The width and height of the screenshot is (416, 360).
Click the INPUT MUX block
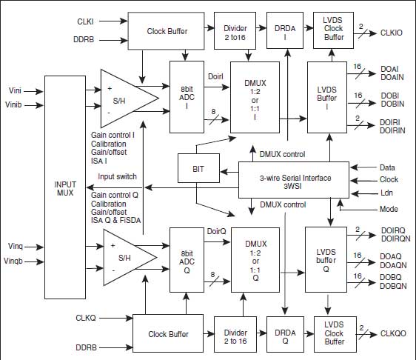[65, 187]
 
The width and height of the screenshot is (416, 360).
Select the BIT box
[198, 168]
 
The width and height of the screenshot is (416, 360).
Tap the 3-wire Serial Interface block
[294, 180]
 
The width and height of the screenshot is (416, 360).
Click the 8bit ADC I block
[187, 97]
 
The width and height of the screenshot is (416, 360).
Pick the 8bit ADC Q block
[187, 260]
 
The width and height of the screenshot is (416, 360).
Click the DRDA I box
[285, 30]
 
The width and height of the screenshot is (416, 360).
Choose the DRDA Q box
[285, 334]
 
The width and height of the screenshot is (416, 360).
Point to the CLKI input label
[85, 21]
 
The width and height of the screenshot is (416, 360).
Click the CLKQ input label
[85, 318]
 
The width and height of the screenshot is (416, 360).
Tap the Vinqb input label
[13, 261]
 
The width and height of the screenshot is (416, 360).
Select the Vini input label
[15, 90]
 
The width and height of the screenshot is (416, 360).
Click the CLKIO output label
[392, 33]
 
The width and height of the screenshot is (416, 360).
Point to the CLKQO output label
[393, 333]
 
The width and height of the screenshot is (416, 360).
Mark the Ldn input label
[386, 193]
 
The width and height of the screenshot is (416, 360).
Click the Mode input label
[389, 209]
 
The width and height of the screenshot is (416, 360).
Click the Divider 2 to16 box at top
[235, 30]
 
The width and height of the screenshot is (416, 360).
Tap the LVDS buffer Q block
[326, 260]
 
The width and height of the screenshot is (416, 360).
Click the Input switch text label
[117, 176]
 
